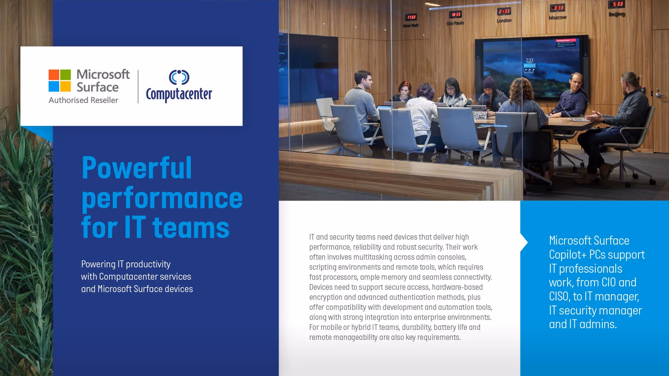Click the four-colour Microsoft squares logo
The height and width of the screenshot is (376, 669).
tap(60, 81)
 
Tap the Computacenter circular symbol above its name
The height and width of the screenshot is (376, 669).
tap(179, 77)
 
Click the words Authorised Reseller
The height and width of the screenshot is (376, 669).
tap(83, 100)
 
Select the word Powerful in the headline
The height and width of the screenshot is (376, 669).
tap(136, 168)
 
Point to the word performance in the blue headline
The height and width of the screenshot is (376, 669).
tap(162, 198)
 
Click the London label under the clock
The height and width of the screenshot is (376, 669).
tap(504, 21)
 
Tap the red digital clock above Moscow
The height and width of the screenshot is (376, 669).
tap(557, 8)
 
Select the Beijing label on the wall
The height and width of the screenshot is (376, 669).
tap(616, 14)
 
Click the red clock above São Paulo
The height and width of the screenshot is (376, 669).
tap(456, 15)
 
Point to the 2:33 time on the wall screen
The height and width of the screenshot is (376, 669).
tap(530, 60)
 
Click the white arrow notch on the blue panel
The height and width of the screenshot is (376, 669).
tap(524, 242)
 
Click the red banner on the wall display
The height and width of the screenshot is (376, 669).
tap(566, 41)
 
